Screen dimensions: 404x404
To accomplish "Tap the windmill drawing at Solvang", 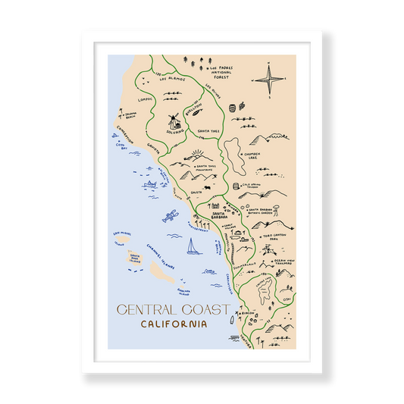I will [x=174, y=121].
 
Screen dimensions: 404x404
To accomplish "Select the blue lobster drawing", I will [x=168, y=218].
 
